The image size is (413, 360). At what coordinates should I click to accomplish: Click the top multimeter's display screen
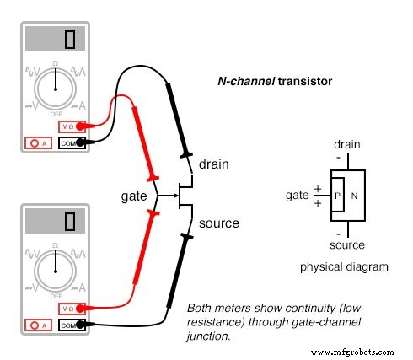click(56, 39)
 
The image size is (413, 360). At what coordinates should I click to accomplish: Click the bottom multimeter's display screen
click(56, 221)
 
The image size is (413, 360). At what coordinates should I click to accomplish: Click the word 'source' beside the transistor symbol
click(218, 223)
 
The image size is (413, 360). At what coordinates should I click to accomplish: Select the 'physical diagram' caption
click(344, 266)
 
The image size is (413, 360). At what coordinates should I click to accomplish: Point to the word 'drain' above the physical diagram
click(346, 144)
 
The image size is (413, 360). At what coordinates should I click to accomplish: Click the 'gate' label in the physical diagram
click(297, 195)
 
